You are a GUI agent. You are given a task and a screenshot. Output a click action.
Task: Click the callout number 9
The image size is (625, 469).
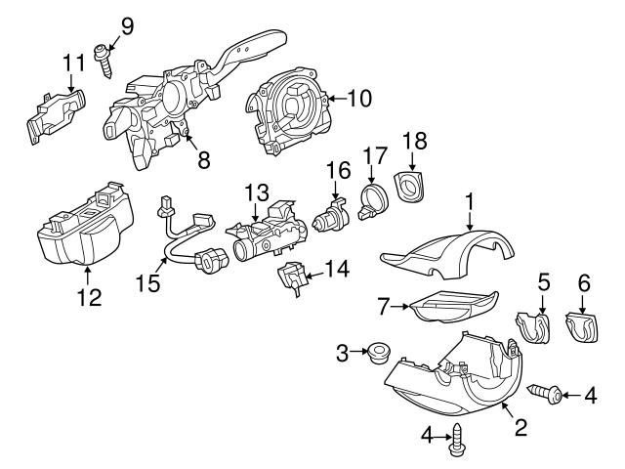[x=126, y=23]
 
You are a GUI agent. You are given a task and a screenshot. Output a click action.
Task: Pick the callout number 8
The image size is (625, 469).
[x=203, y=161]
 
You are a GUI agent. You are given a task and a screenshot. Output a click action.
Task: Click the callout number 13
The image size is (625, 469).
[x=256, y=192]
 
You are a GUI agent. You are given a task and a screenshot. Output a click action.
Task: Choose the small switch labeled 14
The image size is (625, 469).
[x=294, y=277]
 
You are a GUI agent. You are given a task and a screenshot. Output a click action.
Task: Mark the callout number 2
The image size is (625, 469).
[x=520, y=426]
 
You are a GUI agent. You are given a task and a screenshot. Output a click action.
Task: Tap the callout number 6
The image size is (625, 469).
[x=583, y=281]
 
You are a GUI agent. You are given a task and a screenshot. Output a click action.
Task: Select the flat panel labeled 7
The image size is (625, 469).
[x=449, y=309]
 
